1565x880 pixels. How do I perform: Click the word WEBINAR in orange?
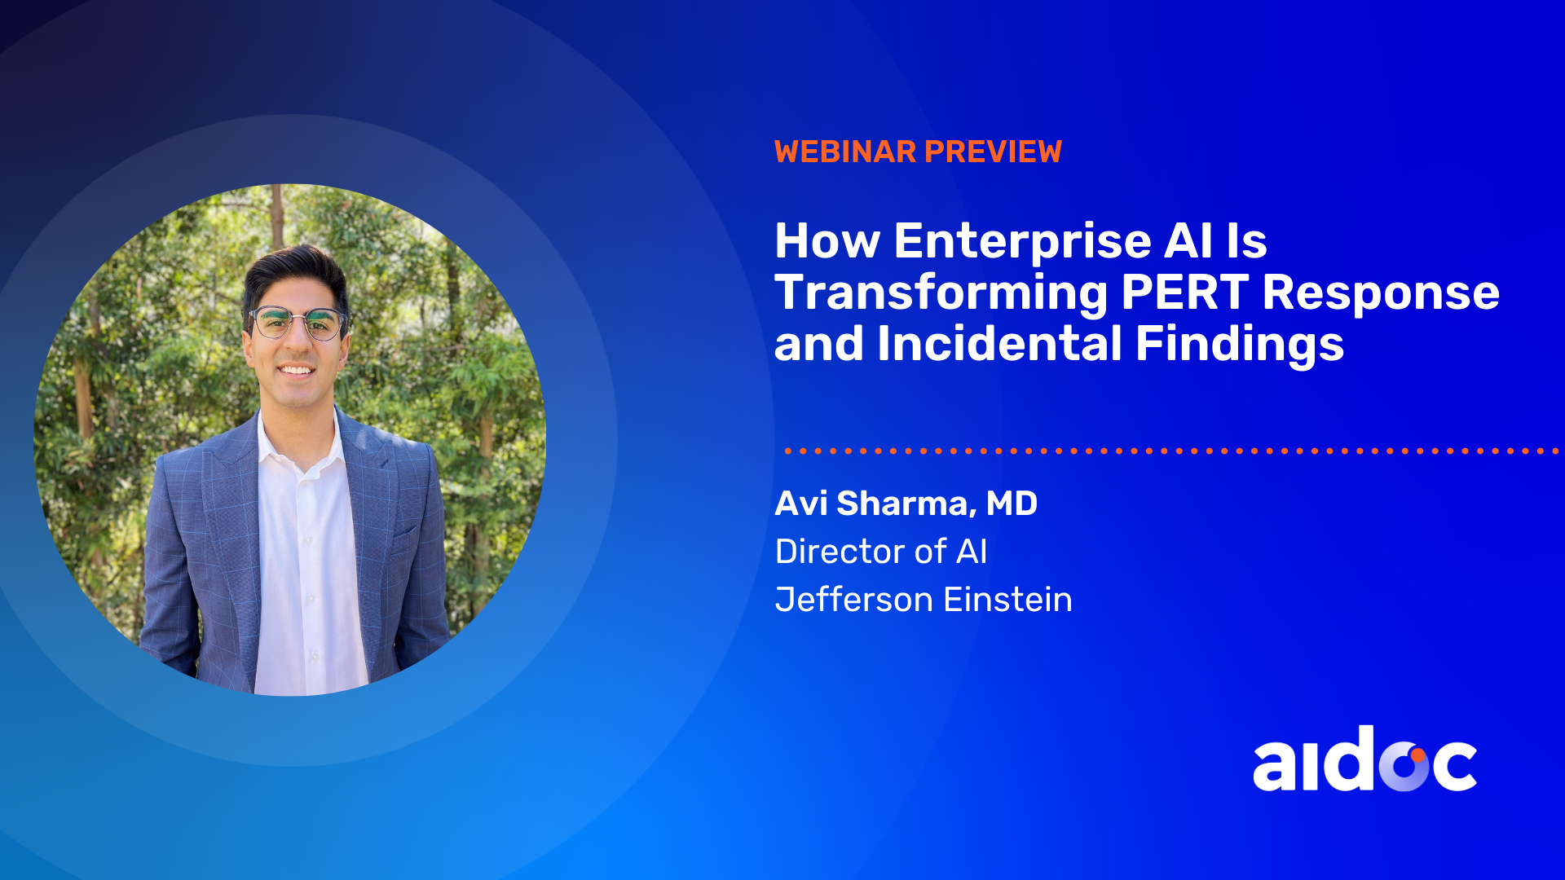(x=845, y=152)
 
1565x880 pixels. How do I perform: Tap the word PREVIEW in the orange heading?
(x=994, y=152)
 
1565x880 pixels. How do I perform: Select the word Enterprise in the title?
(x=1023, y=241)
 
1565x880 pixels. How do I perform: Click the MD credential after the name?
(x=1012, y=504)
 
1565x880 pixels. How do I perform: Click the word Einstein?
(x=1008, y=600)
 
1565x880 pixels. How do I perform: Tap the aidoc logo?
(x=1364, y=759)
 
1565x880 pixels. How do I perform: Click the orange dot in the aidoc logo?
(x=1417, y=755)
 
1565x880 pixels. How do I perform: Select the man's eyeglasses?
(x=298, y=323)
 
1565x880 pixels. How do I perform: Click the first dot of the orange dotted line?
(x=788, y=451)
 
